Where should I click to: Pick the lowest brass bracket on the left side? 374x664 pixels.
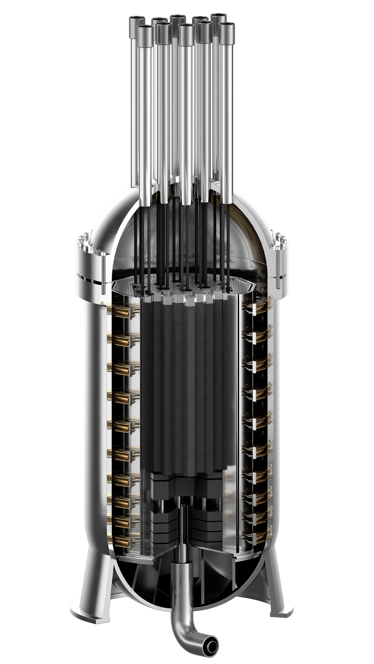[121, 540]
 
